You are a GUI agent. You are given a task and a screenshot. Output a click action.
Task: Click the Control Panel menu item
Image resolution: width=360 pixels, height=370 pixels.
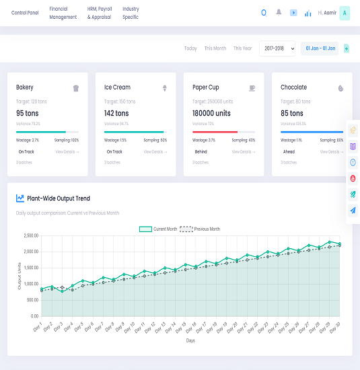click(24, 13)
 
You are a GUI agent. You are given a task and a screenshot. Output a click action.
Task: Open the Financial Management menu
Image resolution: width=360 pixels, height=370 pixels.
click(63, 13)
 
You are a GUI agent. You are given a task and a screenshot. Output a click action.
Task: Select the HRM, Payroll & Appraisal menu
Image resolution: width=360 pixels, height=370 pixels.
click(100, 13)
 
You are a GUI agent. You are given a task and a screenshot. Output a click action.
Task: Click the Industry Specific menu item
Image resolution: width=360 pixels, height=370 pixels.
click(131, 13)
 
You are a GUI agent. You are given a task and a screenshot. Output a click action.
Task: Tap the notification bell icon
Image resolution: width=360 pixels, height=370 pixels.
click(279, 12)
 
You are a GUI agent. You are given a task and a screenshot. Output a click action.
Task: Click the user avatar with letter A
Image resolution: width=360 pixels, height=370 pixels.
click(345, 13)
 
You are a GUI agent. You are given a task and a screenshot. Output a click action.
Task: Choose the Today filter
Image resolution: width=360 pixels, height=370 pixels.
click(190, 48)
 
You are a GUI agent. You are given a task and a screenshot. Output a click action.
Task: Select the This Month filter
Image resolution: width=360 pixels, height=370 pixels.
click(215, 48)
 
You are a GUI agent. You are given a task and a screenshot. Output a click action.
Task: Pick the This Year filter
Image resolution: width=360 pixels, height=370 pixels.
click(243, 48)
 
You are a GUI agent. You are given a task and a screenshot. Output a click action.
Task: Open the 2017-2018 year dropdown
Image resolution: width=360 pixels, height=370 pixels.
click(277, 48)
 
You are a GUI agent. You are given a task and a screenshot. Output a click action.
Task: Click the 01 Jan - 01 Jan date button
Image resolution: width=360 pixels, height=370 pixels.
click(320, 48)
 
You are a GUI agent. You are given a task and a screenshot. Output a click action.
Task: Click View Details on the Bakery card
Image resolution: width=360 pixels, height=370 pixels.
click(67, 152)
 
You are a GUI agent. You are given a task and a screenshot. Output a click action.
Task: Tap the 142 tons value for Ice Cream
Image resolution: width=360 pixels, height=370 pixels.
click(116, 114)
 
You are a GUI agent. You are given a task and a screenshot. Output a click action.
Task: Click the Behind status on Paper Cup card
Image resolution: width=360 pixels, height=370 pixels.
click(201, 152)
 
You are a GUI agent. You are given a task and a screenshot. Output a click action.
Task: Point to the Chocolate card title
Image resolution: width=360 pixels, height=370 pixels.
click(293, 87)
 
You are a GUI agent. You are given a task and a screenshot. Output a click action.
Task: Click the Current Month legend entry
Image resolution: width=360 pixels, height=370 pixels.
click(158, 229)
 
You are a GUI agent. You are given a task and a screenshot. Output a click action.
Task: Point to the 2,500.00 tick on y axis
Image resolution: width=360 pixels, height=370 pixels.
click(30, 235)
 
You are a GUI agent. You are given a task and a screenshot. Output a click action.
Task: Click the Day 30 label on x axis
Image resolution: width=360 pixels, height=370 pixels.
click(336, 326)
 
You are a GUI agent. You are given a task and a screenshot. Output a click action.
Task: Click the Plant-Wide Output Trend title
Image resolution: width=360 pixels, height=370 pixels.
click(59, 198)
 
